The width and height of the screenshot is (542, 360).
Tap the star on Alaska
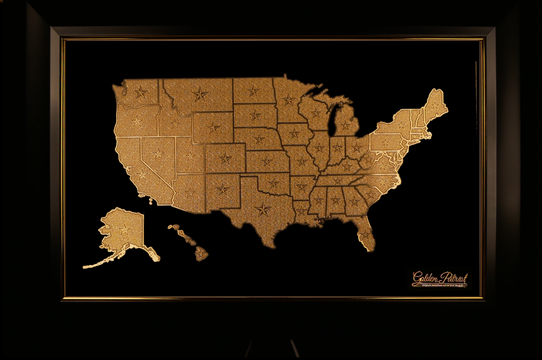(x=124, y=230)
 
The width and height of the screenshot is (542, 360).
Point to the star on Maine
(x=434, y=105)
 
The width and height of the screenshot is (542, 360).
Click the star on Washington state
(x=140, y=92)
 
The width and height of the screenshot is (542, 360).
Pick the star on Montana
(x=200, y=94)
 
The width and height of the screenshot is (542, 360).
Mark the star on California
(x=142, y=175)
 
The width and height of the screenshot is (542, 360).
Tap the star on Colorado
(x=225, y=159)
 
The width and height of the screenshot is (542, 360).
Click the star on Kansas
(x=267, y=161)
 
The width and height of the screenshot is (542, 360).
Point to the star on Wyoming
(x=213, y=128)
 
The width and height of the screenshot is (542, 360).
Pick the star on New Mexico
(x=222, y=189)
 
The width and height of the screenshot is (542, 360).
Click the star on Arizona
(x=191, y=193)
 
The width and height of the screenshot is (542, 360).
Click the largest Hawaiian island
(x=201, y=254)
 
